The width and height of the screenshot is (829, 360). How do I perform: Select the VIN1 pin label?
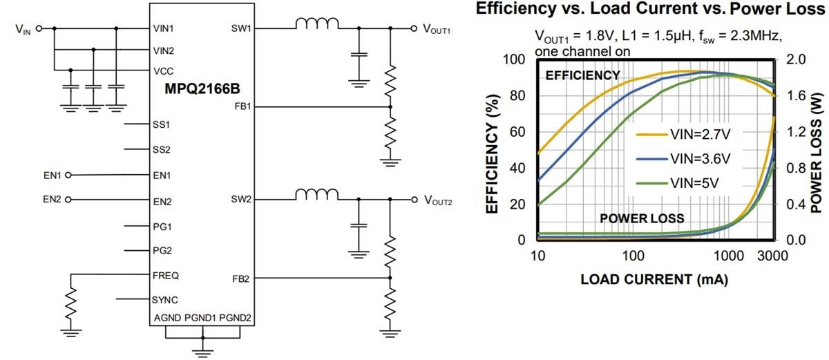tap(164, 29)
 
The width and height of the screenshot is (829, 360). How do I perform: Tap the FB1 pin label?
tap(242, 107)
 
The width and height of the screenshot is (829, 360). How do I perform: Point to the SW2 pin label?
tap(242, 200)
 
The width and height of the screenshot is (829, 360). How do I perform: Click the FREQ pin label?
tap(165, 275)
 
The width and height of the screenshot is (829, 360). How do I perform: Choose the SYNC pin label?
tap(165, 300)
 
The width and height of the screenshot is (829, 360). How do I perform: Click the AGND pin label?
tap(168, 318)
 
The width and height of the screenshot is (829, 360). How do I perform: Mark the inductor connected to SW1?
tap(317, 24)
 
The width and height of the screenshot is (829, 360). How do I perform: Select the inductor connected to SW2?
tap(317, 195)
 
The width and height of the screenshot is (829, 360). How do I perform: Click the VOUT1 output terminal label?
tap(437, 30)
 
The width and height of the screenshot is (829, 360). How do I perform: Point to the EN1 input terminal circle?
tap(68, 176)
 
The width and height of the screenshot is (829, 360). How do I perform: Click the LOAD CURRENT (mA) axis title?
tap(654, 279)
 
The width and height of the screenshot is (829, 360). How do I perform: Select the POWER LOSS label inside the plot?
tap(642, 218)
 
